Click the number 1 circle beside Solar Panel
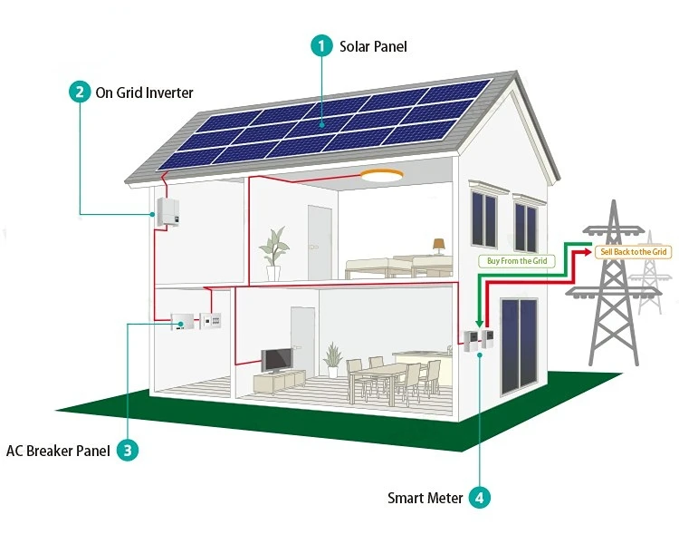[x=322, y=45]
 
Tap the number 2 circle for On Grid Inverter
[x=80, y=92]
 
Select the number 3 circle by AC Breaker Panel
[x=128, y=449]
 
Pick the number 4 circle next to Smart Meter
[x=480, y=497]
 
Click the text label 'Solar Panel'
[x=373, y=46]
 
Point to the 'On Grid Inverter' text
[x=145, y=92]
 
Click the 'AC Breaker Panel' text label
[x=58, y=450]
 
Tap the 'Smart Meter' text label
[x=425, y=498]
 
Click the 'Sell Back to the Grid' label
[x=633, y=250]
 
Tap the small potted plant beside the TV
[x=333, y=358]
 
